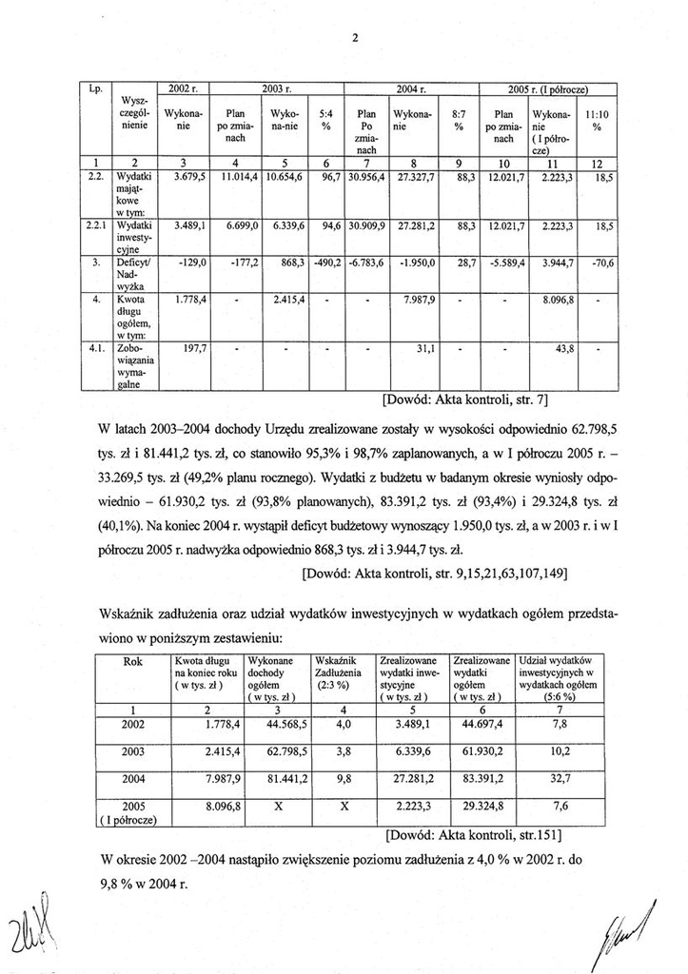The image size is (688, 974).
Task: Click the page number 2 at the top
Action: click(353, 38)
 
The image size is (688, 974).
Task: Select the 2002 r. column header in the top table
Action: click(182, 88)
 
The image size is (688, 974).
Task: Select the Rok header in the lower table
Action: click(135, 661)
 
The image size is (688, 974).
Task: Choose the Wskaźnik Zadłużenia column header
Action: click(334, 672)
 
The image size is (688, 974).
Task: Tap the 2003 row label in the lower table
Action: click(135, 751)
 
